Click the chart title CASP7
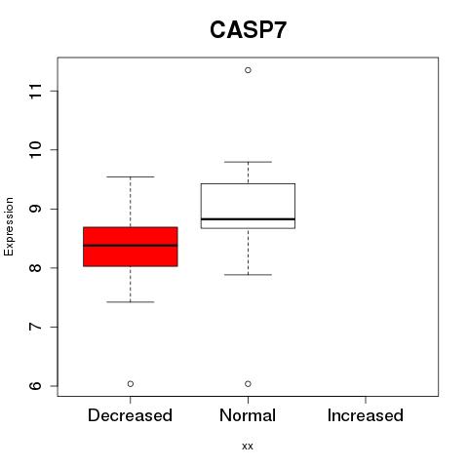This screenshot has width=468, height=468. click(248, 30)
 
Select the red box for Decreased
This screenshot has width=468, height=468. click(131, 247)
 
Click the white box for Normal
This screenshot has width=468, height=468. click(248, 206)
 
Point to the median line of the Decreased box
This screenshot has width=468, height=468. click(131, 246)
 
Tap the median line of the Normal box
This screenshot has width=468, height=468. click(248, 219)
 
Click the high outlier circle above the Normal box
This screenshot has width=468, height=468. click(248, 70)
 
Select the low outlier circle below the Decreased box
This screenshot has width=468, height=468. click(131, 384)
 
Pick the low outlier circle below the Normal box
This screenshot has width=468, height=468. click(248, 384)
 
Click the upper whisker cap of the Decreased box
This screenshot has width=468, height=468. click(131, 176)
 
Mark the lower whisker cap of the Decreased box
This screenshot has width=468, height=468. click(131, 302)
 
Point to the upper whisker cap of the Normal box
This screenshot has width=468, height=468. click(248, 162)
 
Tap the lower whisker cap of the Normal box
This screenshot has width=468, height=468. click(248, 275)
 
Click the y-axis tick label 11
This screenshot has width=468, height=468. click(36, 91)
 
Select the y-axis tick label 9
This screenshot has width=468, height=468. click(36, 209)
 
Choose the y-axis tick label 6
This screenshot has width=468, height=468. click(36, 386)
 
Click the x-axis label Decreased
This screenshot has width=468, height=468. click(130, 415)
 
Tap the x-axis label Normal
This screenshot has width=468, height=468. click(248, 415)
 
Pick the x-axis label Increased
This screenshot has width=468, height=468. click(366, 415)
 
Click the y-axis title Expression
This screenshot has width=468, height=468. click(9, 226)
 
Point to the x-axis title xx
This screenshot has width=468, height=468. click(248, 447)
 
